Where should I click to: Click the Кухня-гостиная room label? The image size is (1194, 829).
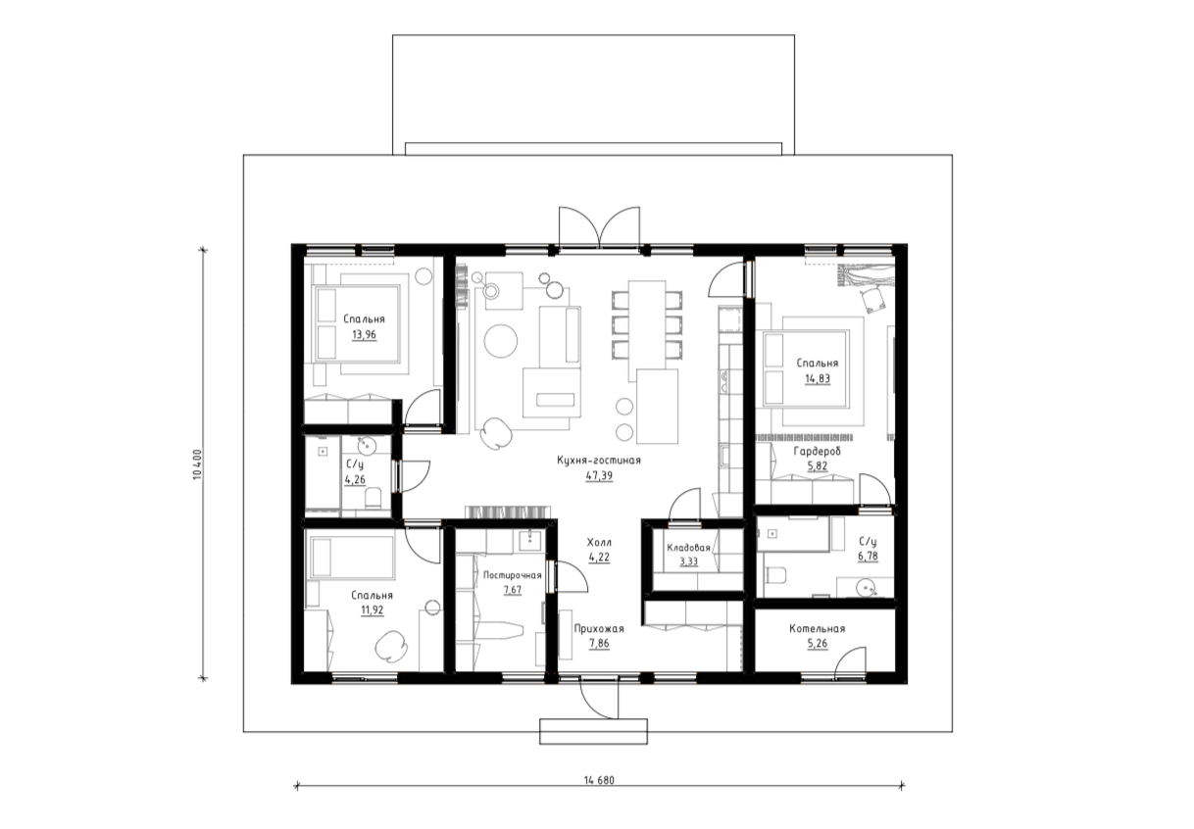tap(599, 461)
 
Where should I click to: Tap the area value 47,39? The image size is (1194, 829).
tap(599, 476)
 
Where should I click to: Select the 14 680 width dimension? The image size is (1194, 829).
tap(599, 781)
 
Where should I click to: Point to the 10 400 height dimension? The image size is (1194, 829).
tap(197, 464)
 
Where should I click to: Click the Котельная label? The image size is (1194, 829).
tap(818, 629)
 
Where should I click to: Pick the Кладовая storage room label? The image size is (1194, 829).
tap(689, 548)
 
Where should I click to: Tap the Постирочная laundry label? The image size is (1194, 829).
tap(513, 575)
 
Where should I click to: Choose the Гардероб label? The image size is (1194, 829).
tap(818, 452)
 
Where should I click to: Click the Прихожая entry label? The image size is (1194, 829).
tap(599, 629)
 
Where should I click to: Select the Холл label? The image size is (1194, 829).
tap(599, 543)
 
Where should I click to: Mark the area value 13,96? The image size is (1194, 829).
tap(364, 335)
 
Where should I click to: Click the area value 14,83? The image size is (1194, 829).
tap(818, 379)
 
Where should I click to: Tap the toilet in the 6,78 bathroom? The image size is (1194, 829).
tap(776, 575)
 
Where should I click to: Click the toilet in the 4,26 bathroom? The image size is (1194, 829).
tap(373, 498)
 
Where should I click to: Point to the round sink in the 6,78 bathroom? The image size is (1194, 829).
tap(867, 589)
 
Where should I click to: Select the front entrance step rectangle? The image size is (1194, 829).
tap(593, 732)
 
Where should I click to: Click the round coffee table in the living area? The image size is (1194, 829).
tap(501, 341)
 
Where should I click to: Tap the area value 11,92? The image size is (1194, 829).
tap(373, 610)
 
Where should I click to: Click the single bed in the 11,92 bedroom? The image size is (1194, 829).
tap(352, 558)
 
